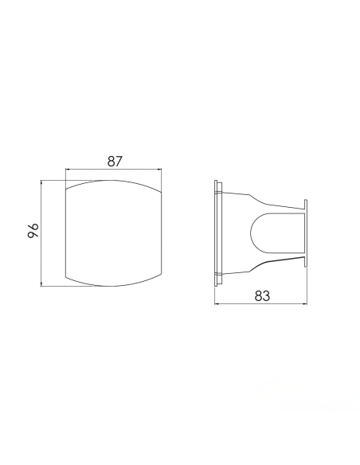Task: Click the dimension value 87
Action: [115, 162]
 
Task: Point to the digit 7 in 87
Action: [120, 162]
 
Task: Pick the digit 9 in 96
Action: [33, 238]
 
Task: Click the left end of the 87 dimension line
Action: [65, 170]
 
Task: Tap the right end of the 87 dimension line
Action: [165, 170]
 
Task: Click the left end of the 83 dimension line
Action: [216, 303]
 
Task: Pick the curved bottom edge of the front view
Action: [115, 285]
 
